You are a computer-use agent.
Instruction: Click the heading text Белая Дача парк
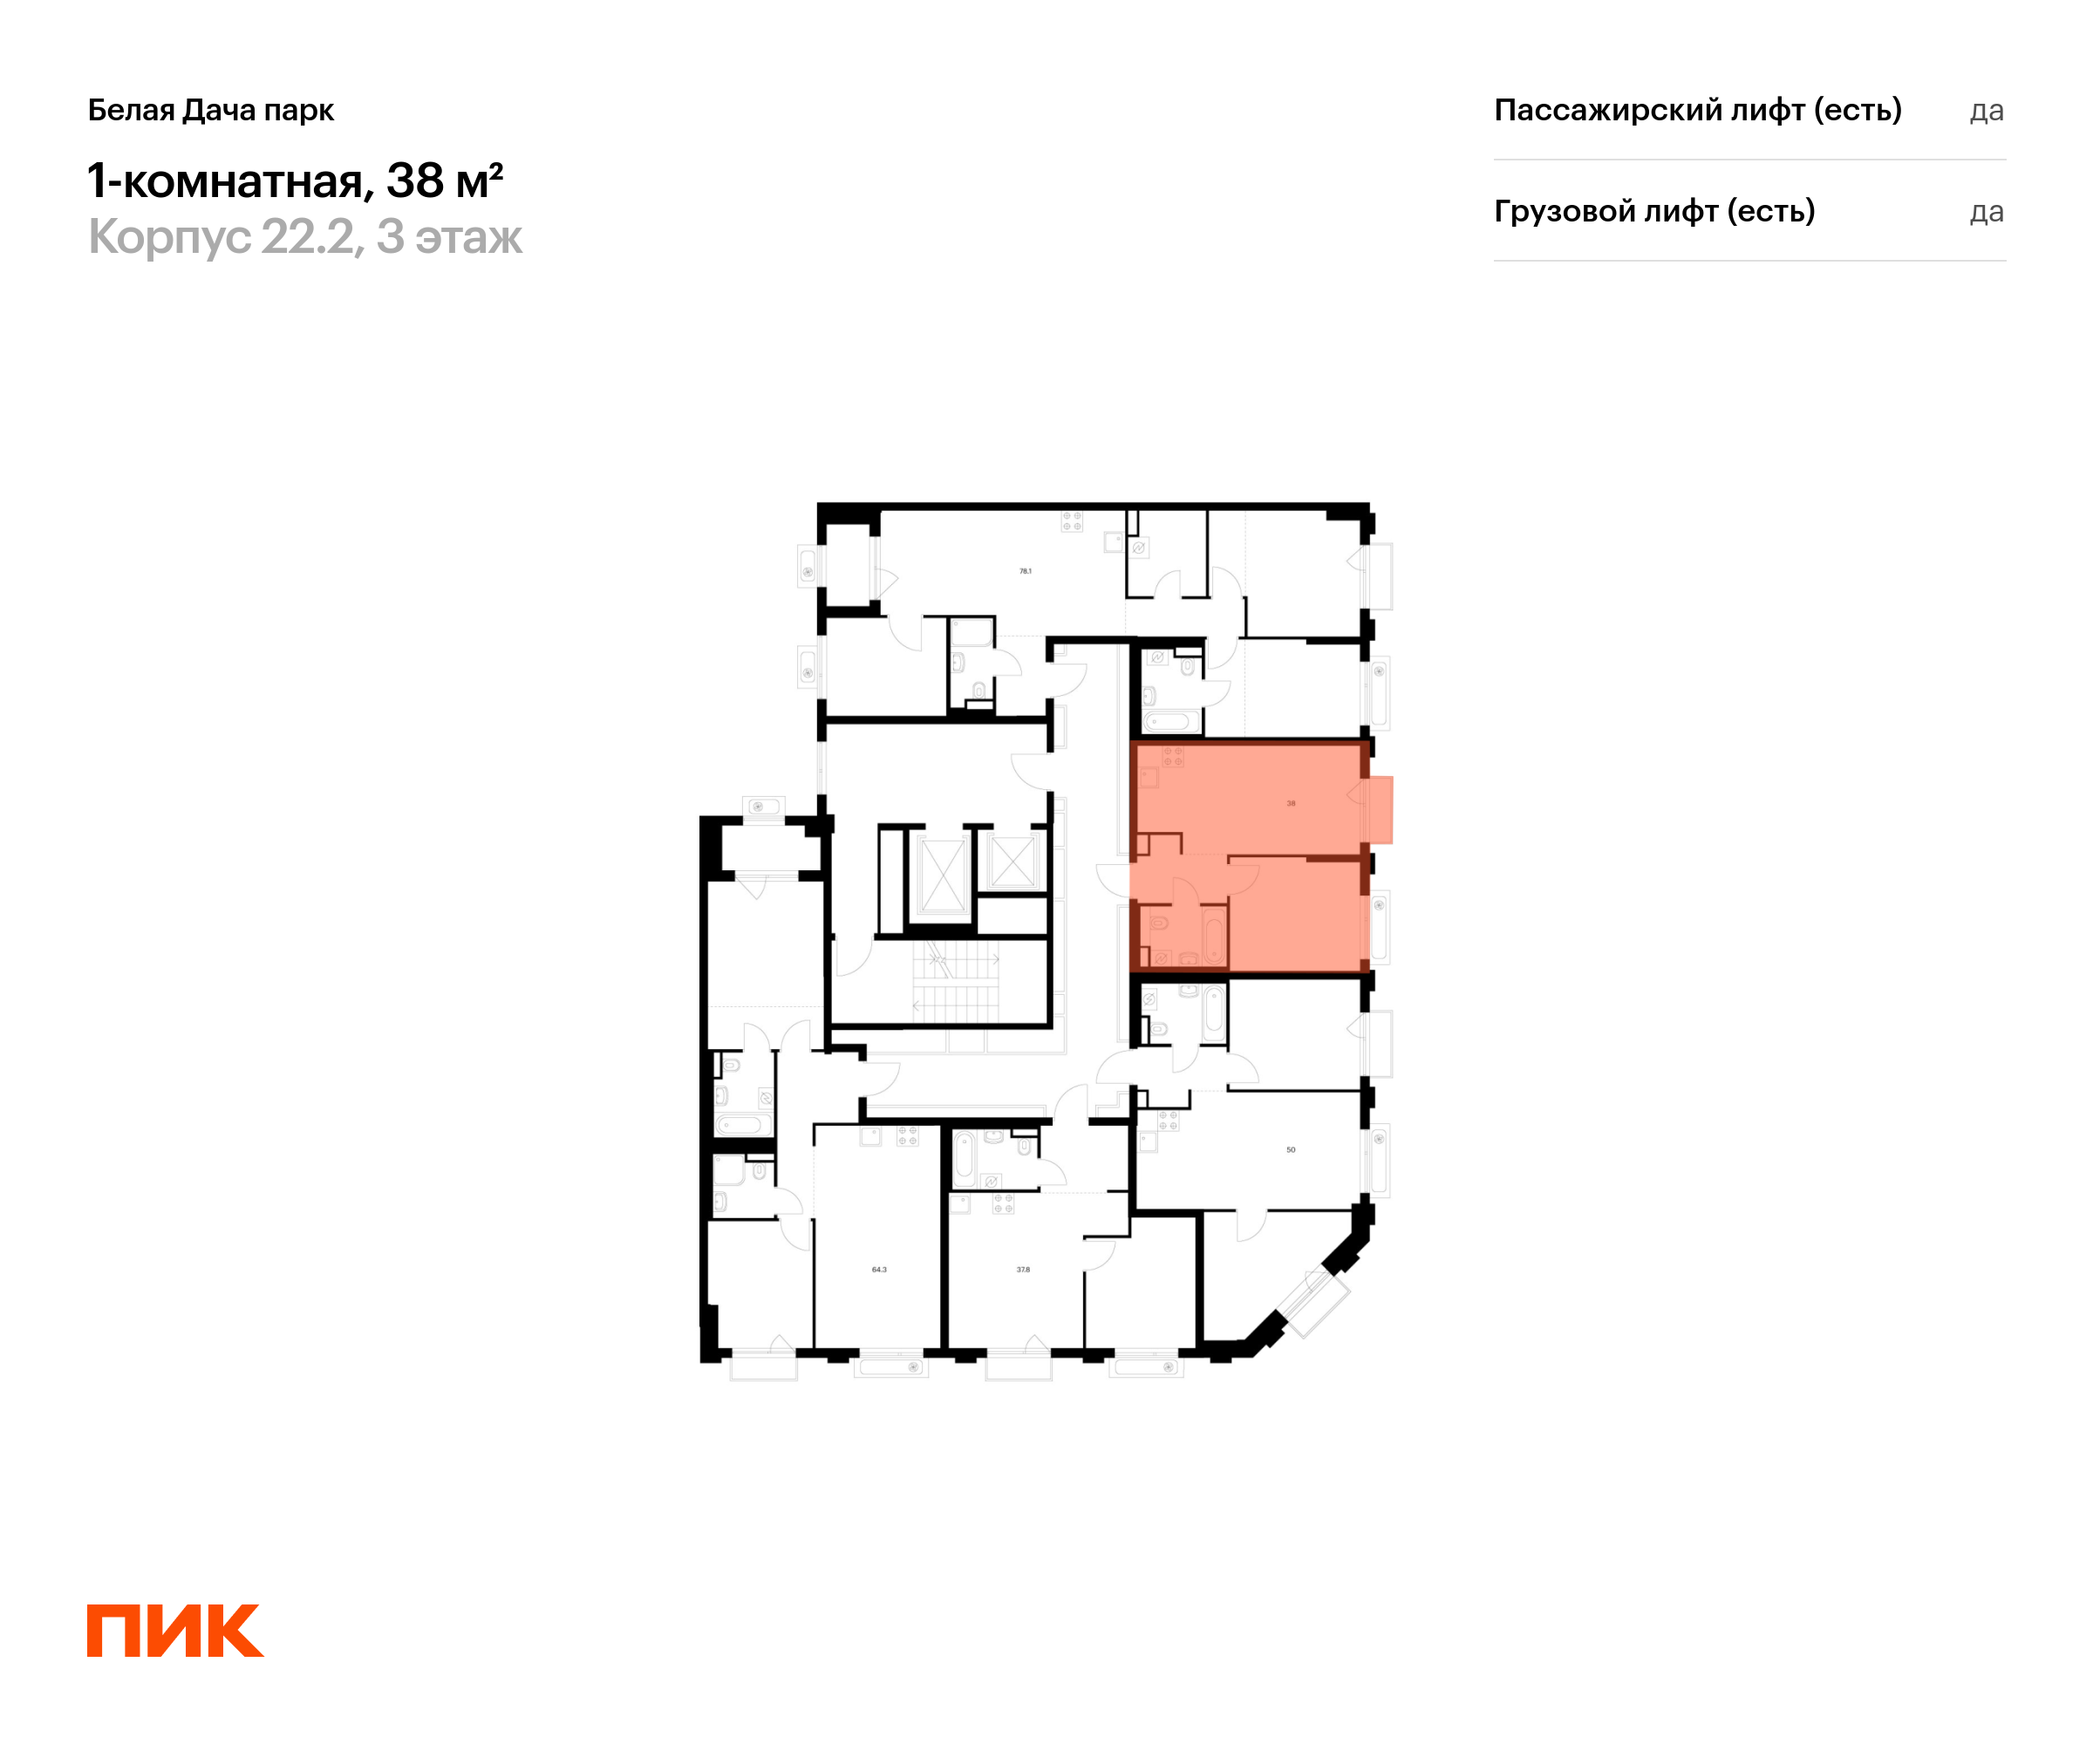pyautogui.click(x=210, y=110)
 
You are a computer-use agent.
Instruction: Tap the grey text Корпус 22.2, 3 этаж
pyautogui.click(x=304, y=237)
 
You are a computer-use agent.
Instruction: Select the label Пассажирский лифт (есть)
pyautogui.click(x=1697, y=110)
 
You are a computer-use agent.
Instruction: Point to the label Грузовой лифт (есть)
pyautogui.click(x=1653, y=211)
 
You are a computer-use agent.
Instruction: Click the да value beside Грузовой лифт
pyautogui.click(x=1986, y=212)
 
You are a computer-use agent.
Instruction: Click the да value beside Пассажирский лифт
pyautogui.click(x=1986, y=111)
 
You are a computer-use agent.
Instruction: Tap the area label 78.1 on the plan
pyautogui.click(x=1025, y=571)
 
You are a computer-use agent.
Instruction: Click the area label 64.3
pyautogui.click(x=878, y=1270)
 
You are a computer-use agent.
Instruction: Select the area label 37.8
pyautogui.click(x=1023, y=1270)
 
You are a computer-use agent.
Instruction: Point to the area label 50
pyautogui.click(x=1290, y=1150)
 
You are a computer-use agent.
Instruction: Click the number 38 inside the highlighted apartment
pyautogui.click(x=1290, y=803)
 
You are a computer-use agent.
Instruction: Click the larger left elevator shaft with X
pyautogui.click(x=942, y=874)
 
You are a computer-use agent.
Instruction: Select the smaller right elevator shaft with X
pyautogui.click(x=1012, y=859)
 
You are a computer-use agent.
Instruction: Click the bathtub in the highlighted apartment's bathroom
pyautogui.click(x=1213, y=936)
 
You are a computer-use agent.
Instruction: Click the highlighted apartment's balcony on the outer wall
pyautogui.click(x=1380, y=809)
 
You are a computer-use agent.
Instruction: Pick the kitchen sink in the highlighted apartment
pyautogui.click(x=1149, y=776)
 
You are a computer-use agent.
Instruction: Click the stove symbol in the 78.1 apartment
pyautogui.click(x=1072, y=521)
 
